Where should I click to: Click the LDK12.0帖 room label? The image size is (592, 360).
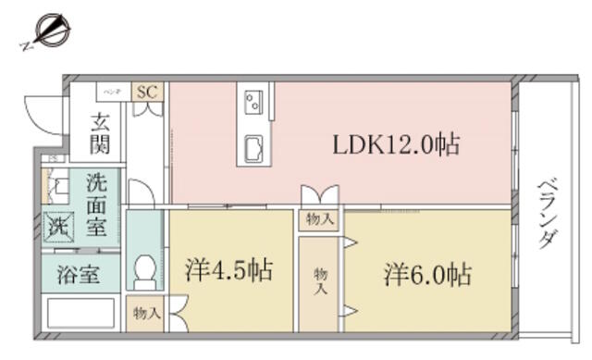point(396,144)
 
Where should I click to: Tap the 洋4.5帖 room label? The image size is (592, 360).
point(228,270)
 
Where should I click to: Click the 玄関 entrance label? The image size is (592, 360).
point(101,133)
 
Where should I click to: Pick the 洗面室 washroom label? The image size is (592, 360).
point(96,205)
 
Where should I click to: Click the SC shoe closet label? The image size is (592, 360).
point(147,93)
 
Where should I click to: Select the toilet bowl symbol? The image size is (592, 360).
point(144,269)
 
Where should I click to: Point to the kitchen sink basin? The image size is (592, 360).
point(253,146)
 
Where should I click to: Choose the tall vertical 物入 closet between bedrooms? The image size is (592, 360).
point(320,281)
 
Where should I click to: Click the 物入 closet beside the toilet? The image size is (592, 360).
point(146,313)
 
